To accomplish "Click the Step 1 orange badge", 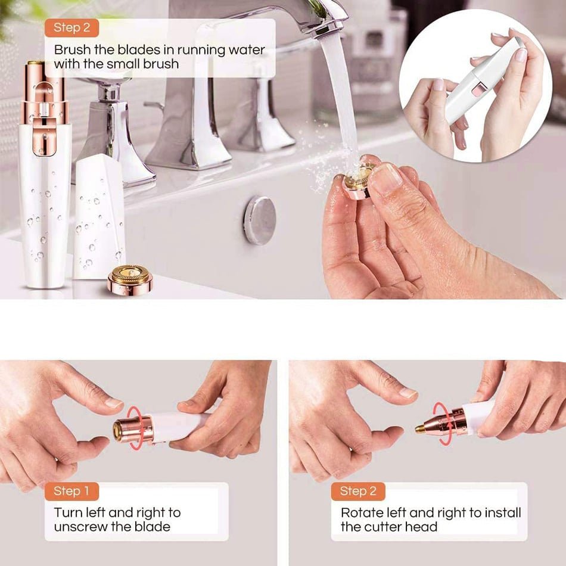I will [x=71, y=491].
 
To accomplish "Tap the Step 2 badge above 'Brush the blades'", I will [x=71, y=28].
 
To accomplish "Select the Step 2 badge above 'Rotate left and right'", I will [x=358, y=491].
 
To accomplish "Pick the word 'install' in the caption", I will [x=503, y=512].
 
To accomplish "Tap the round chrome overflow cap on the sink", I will [x=260, y=220].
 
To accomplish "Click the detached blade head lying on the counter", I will [x=130, y=278].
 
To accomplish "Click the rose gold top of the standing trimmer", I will [x=45, y=107].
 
